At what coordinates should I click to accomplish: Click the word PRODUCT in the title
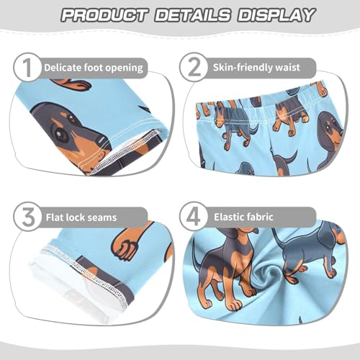click(107, 15)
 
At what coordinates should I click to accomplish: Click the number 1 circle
click(26, 68)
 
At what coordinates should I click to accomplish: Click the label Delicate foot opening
click(93, 68)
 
